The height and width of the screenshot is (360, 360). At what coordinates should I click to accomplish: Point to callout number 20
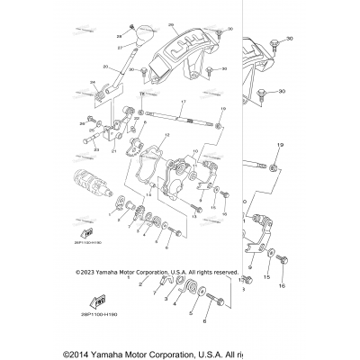point(105,67)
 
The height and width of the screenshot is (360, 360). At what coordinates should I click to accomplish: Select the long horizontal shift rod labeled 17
point(180,118)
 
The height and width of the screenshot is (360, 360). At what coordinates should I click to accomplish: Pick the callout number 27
point(119,46)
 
